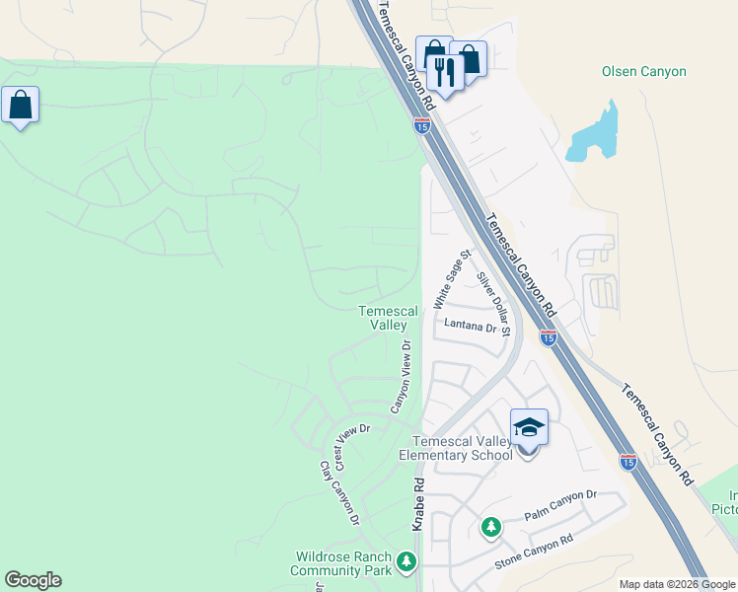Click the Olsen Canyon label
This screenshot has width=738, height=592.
[643, 72]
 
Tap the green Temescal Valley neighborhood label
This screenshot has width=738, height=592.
[381, 318]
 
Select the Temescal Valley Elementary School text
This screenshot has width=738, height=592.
[455, 448]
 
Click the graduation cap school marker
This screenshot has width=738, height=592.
[529, 427]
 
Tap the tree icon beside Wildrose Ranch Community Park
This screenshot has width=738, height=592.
[406, 561]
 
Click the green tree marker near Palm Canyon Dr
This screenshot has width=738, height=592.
[490, 528]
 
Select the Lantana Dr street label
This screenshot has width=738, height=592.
[469, 326]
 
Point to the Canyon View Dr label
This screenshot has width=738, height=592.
[401, 377]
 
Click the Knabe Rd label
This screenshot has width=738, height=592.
[418, 505]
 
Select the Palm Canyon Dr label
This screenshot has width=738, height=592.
[560, 506]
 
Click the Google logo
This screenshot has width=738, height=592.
[33, 580]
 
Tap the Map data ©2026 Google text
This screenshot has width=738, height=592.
[676, 584]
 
